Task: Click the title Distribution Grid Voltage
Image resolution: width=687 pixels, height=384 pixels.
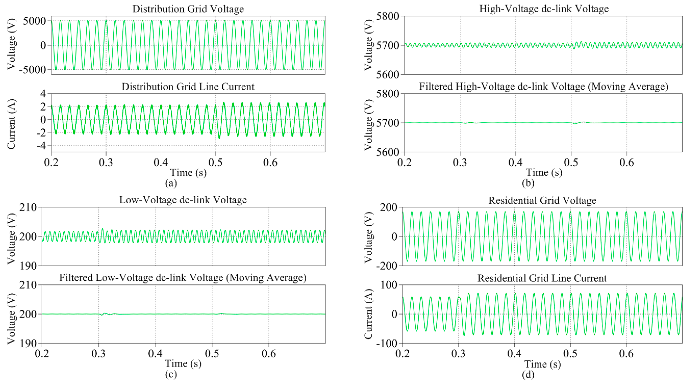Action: pos(188,9)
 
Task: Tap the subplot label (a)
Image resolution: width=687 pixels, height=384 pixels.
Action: pos(171,183)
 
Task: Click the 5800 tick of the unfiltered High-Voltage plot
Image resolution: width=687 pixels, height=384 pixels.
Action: pos(387,16)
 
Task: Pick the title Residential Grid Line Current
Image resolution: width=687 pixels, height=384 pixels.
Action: pos(542,278)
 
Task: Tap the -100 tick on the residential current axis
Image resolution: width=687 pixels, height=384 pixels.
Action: pos(386,343)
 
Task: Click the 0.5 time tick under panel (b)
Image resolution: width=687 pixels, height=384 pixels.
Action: pos(571,162)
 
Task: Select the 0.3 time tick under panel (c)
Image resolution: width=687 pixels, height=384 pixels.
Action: pos(99,354)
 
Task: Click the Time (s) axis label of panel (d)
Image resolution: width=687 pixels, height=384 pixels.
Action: pos(542,364)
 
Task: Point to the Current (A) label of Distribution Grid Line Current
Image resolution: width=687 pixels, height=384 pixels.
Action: pos(11,124)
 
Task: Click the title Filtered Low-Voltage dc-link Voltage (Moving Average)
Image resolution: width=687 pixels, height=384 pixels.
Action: pos(183,278)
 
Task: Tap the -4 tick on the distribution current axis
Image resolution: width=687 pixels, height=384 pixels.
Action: pos(39,146)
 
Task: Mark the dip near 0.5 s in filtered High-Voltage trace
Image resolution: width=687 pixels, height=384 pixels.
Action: pos(575,124)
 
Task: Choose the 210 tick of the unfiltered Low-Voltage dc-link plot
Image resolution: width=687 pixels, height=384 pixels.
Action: pos(28,208)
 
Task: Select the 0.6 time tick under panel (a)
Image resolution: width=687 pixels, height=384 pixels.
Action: pos(270,162)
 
